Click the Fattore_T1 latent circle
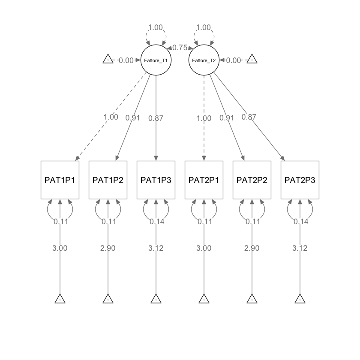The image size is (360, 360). tap(156, 60)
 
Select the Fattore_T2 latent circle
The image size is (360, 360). tap(204, 60)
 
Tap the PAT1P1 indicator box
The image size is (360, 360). tap(60, 180)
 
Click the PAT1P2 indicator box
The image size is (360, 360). tap(108, 180)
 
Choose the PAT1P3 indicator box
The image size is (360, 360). tap(156, 180)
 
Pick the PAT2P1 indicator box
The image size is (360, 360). tap(204, 180)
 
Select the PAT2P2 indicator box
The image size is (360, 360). tap(252, 180)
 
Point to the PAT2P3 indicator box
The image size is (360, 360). tap(300, 180)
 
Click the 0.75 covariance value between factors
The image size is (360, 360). tap(180, 48)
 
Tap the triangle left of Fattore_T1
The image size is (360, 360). tap(108, 60)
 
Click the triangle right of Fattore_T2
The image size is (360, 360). tap(252, 60)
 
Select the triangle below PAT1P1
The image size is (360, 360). tap(60, 299)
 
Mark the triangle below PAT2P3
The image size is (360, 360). tap(300, 299)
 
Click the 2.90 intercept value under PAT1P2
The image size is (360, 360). tap(108, 248)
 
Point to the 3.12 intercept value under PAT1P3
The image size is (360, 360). tap(156, 248)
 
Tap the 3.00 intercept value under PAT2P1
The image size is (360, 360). tap(204, 248)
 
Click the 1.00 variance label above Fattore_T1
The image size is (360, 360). tap(156, 27)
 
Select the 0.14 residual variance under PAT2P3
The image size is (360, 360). tap(300, 222)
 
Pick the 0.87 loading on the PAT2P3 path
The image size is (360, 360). tap(249, 117)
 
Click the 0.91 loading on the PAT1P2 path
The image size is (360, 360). tap(133, 118)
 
